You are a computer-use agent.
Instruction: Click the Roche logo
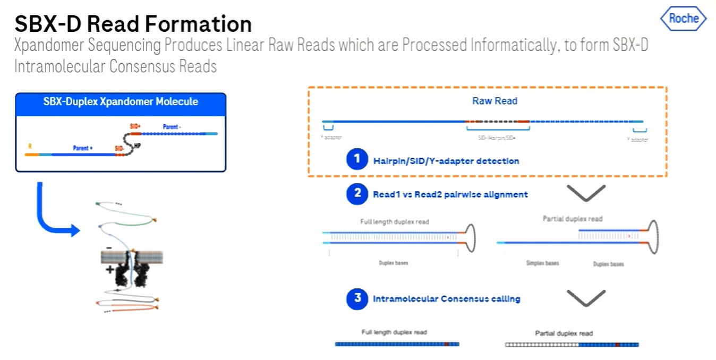684,19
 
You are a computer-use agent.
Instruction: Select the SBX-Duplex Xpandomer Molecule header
121,101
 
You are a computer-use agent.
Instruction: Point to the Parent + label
83,148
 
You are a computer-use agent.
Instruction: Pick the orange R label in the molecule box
30,144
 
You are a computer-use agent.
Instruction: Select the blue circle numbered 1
357,159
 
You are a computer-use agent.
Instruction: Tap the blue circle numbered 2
357,194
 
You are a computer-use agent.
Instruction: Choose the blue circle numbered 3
357,298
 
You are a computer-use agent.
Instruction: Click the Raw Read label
495,101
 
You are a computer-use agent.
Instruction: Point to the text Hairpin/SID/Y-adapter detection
446,160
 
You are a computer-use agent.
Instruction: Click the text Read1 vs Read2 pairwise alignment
450,194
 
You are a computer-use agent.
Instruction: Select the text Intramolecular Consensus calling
446,299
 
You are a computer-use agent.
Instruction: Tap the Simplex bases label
542,263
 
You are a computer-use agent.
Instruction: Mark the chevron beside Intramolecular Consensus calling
586,298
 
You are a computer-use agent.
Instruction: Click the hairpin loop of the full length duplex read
470,238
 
